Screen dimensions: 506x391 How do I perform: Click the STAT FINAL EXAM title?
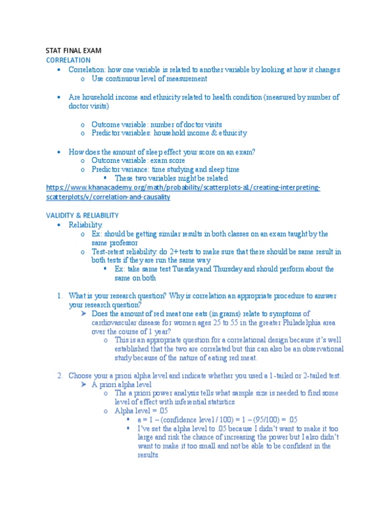pyautogui.click(x=73, y=51)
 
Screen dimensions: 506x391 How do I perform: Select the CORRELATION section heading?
pyautogui.click(x=68, y=60)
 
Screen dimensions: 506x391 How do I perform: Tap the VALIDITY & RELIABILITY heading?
pyautogui.click(x=82, y=215)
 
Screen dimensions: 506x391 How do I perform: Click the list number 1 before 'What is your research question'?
pyautogui.click(x=59, y=295)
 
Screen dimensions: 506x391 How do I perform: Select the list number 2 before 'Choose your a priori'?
pyautogui.click(x=59, y=375)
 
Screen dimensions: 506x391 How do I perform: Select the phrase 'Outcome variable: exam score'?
pyautogui.click(x=138, y=160)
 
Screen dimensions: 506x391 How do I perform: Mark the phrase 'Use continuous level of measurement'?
pyautogui.click(x=149, y=78)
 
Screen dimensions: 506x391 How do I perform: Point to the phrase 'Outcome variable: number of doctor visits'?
pyautogui.click(x=156, y=124)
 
